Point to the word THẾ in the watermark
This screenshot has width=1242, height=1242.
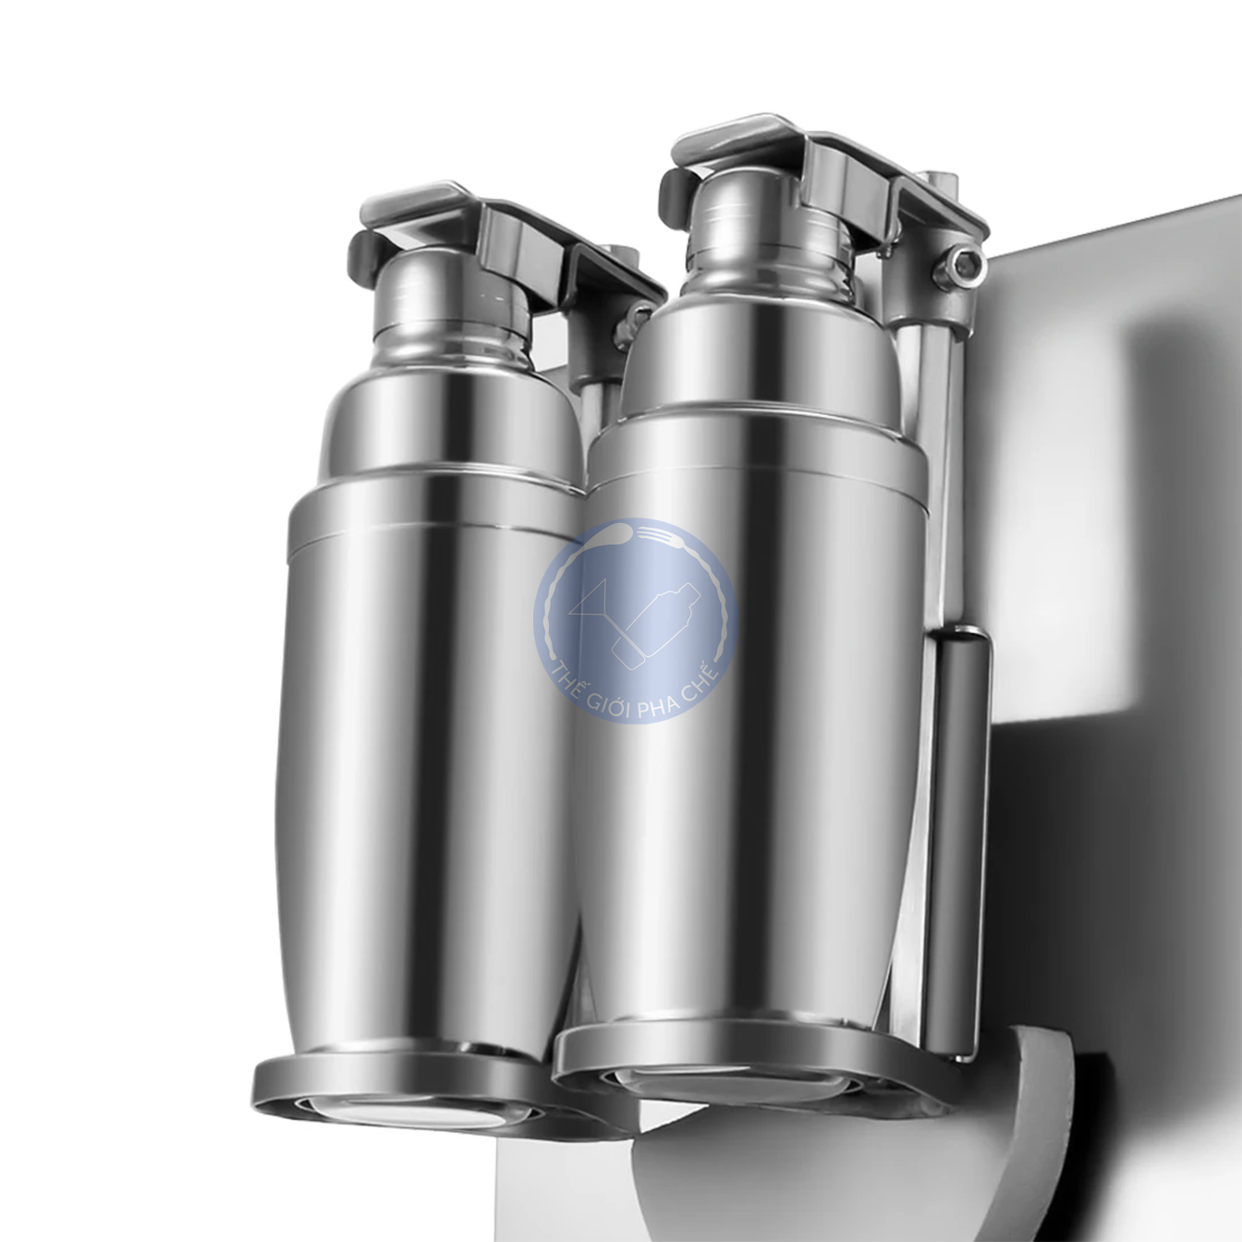(570, 670)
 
